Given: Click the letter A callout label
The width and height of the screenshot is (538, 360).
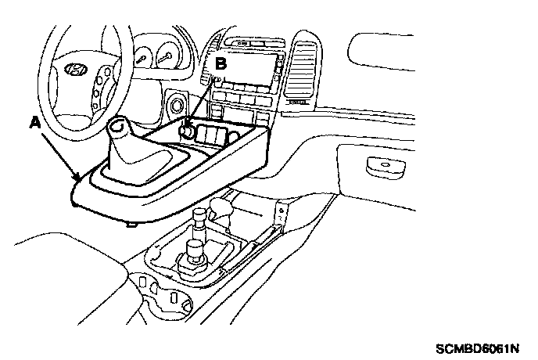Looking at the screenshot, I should tap(34, 122).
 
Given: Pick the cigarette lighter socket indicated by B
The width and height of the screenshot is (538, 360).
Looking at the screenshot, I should tap(188, 128).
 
